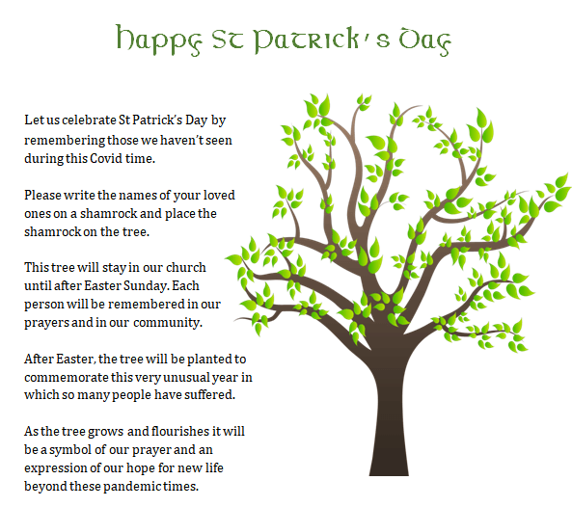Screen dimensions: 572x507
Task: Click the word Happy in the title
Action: click(x=159, y=40)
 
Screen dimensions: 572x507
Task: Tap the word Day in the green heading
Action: click(x=425, y=41)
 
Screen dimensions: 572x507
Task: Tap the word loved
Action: click(x=219, y=196)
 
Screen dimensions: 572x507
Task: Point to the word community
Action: click(x=168, y=323)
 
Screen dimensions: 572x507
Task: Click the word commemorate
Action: click(x=67, y=378)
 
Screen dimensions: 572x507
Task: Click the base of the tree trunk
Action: click(x=389, y=473)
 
